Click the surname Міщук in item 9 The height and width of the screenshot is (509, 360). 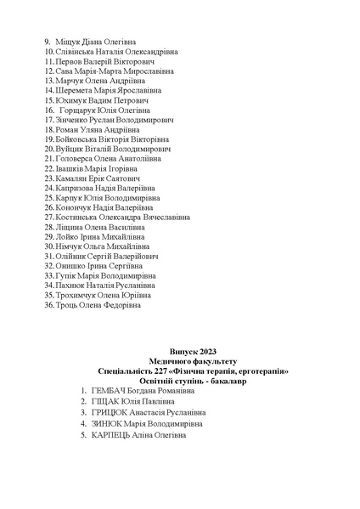coord(68,41)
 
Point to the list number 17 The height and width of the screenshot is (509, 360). coord(48,122)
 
